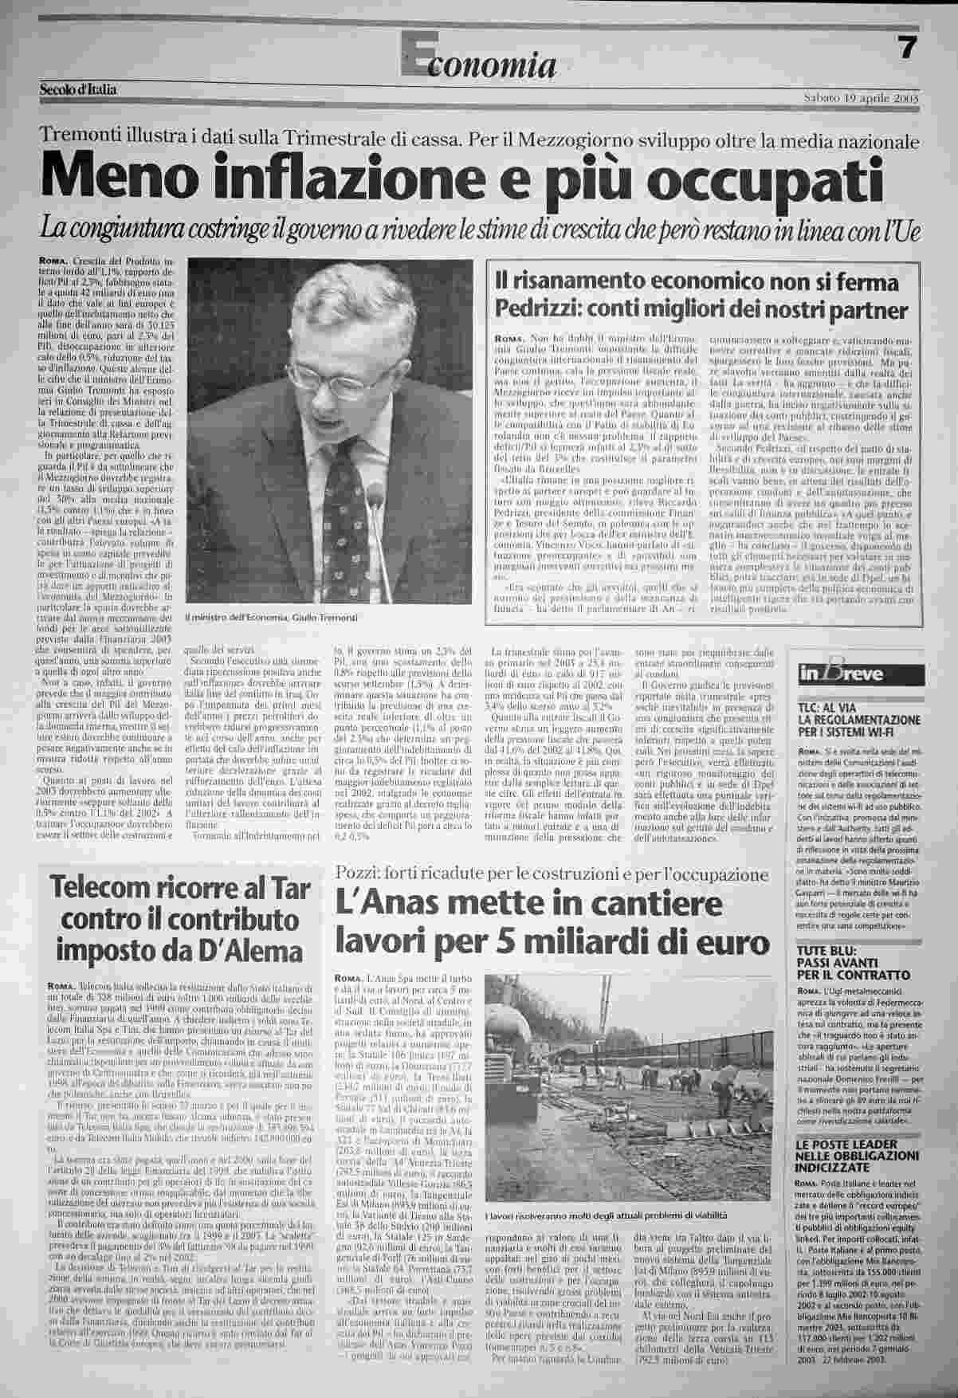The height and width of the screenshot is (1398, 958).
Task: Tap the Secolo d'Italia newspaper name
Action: coord(78,90)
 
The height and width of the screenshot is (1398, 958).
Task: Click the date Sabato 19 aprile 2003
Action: coord(863,98)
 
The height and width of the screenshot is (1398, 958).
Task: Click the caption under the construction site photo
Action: coord(606,1215)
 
